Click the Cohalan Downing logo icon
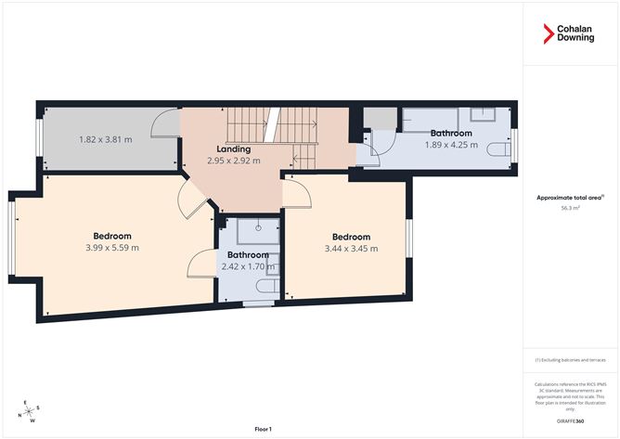548,34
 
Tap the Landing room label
233,148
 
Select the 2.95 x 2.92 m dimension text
233,161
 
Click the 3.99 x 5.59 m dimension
111,248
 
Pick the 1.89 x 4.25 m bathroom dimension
450,145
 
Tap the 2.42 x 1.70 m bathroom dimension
248,266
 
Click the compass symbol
30,409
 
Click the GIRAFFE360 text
571,420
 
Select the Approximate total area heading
569,197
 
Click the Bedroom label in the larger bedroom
111,236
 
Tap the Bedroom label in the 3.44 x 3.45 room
351,237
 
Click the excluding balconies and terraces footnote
571,360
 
